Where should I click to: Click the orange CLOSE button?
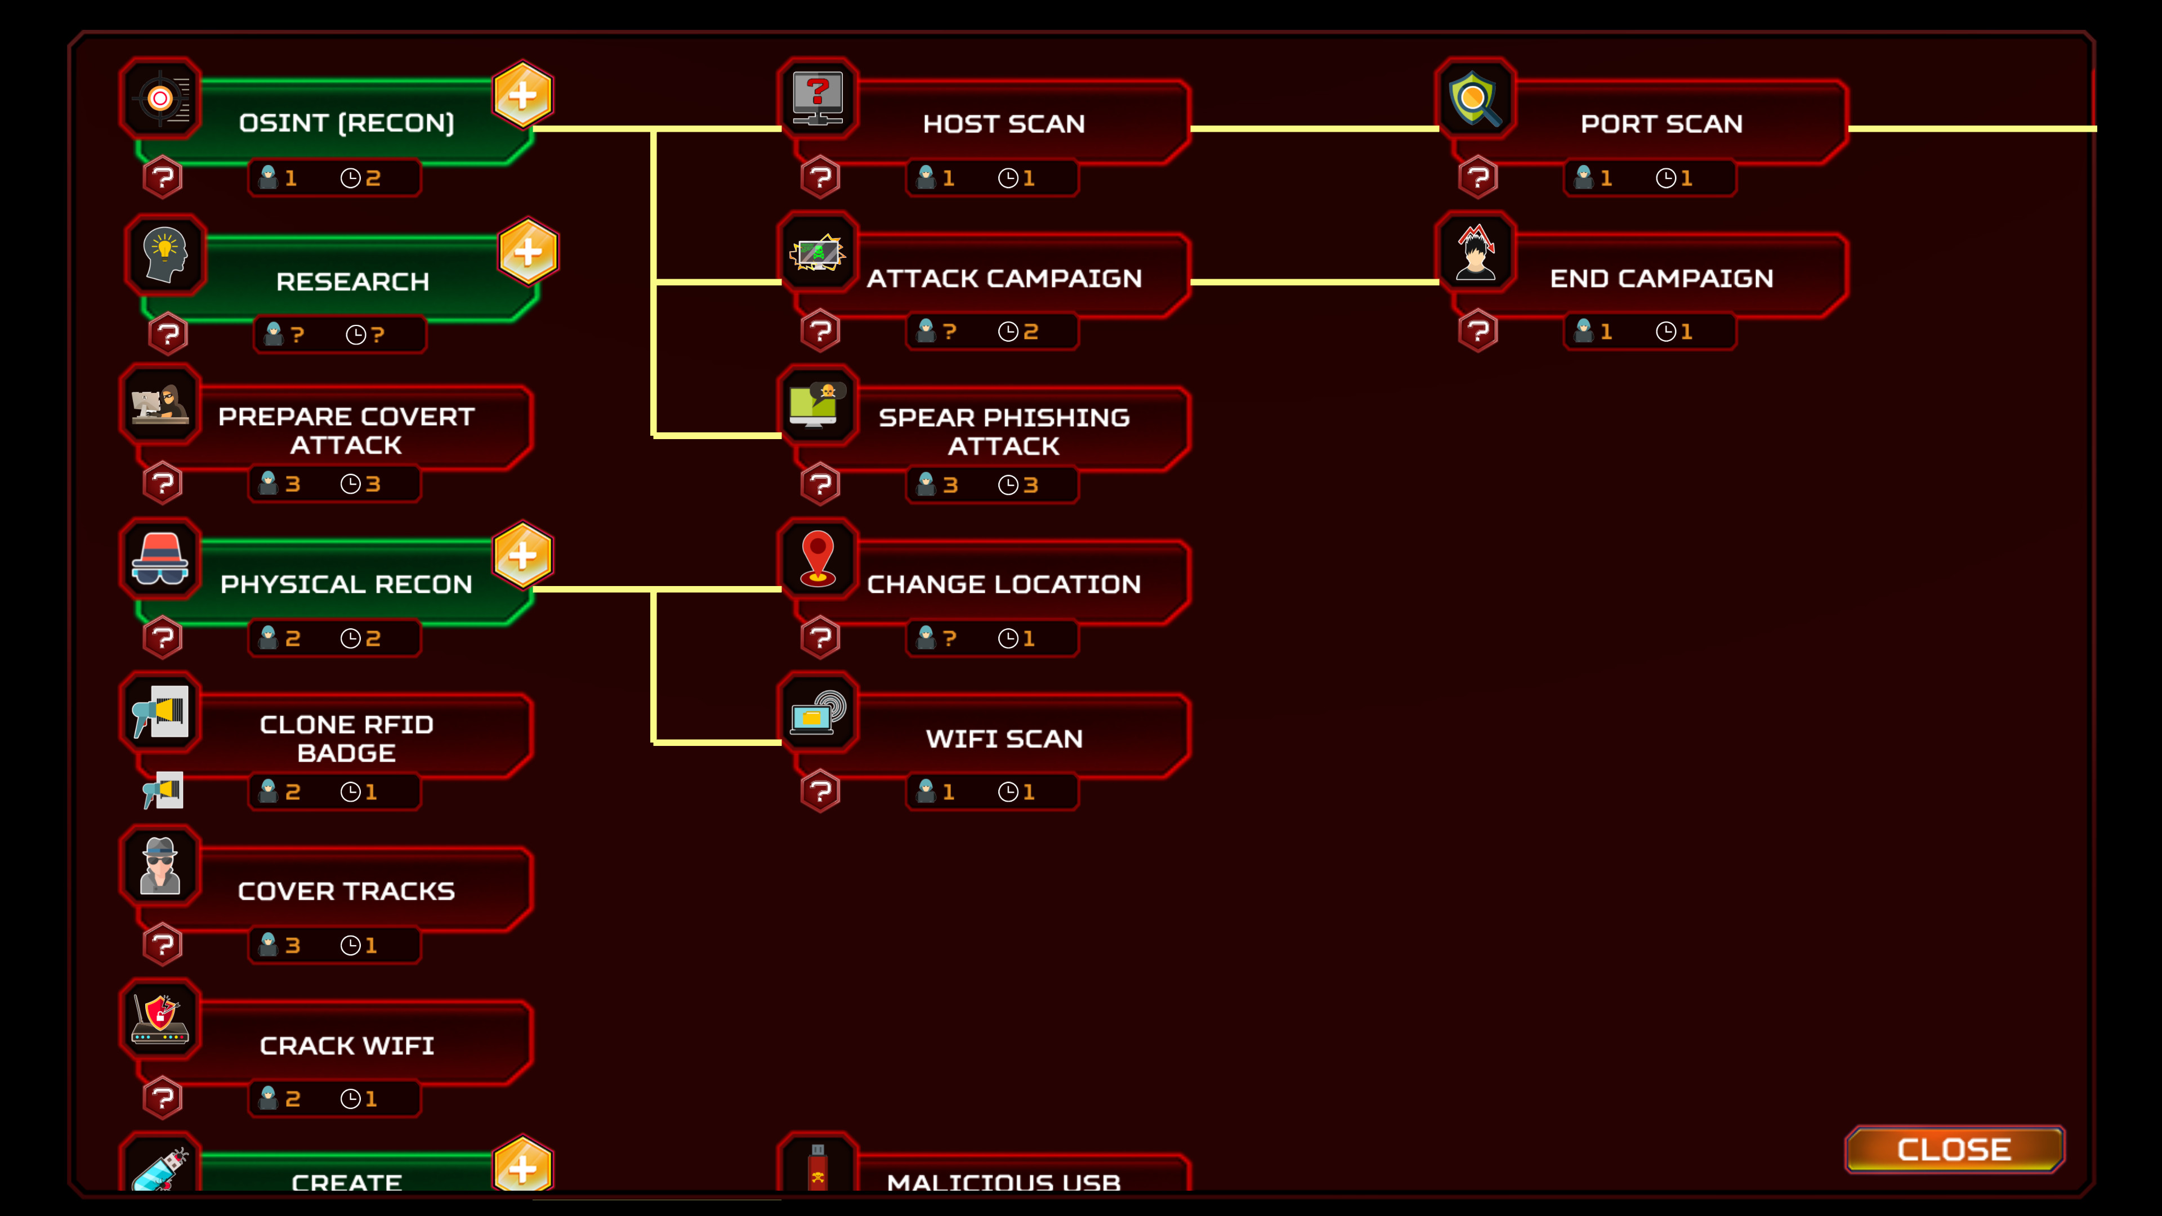1953,1149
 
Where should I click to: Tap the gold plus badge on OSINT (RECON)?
522,95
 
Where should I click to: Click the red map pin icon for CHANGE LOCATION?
818,558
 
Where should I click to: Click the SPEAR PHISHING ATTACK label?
1004,431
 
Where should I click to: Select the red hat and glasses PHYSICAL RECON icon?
159,558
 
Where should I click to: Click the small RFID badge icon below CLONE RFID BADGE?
163,790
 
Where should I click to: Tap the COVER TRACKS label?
346,891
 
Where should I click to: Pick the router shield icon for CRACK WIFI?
159,1020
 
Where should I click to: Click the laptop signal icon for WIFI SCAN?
818,713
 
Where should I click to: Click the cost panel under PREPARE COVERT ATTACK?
334,484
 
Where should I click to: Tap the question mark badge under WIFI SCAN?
820,792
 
